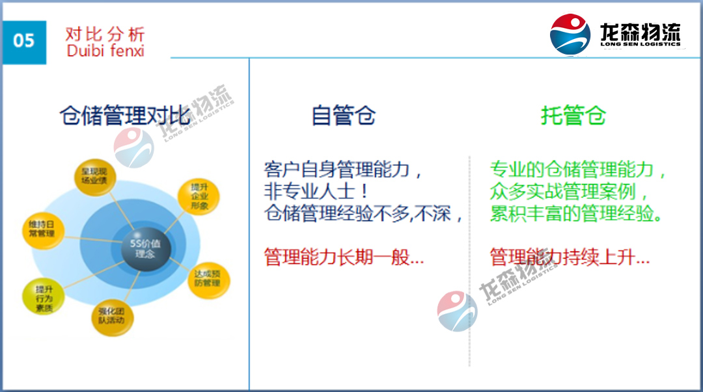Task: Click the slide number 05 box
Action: pos(24,41)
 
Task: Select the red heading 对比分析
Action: pos(105,34)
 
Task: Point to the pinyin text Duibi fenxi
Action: pos(105,50)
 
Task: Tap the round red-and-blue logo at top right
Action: pos(570,34)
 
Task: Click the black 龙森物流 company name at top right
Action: pos(640,33)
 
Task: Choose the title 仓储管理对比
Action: pos(125,116)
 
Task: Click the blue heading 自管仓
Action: pos(344,116)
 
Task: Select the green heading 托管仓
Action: pos(573,116)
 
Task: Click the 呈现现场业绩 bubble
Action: pos(95,176)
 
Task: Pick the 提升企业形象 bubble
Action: pos(199,196)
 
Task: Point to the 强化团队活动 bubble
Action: pos(111,315)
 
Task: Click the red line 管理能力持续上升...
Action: pos(570,257)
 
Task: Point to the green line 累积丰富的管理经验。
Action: pos(577,214)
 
